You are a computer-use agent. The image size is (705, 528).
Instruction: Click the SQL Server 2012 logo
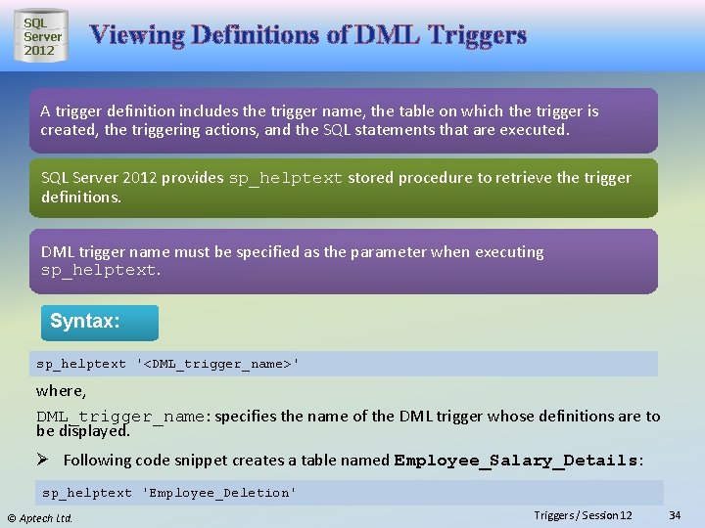click(x=42, y=36)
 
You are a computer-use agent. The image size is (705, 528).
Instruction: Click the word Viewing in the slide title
click(x=137, y=36)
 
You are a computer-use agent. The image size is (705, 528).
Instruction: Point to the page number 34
click(x=674, y=515)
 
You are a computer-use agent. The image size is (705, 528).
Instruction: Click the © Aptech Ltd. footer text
click(x=40, y=517)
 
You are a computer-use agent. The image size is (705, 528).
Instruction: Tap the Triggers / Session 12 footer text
click(x=584, y=515)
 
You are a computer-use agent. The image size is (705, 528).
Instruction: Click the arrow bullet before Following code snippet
click(x=45, y=460)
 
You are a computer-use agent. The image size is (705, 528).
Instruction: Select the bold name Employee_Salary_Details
click(x=516, y=460)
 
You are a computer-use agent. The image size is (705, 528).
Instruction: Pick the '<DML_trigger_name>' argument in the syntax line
click(x=218, y=364)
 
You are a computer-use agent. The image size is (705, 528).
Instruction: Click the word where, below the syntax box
click(x=61, y=390)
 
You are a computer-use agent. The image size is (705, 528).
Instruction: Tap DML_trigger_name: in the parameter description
click(x=122, y=417)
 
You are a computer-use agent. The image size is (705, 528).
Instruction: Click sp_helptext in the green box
click(x=285, y=178)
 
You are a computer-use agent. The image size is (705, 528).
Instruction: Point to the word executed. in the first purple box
click(x=535, y=129)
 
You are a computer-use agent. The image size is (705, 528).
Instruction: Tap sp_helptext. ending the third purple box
click(x=101, y=270)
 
